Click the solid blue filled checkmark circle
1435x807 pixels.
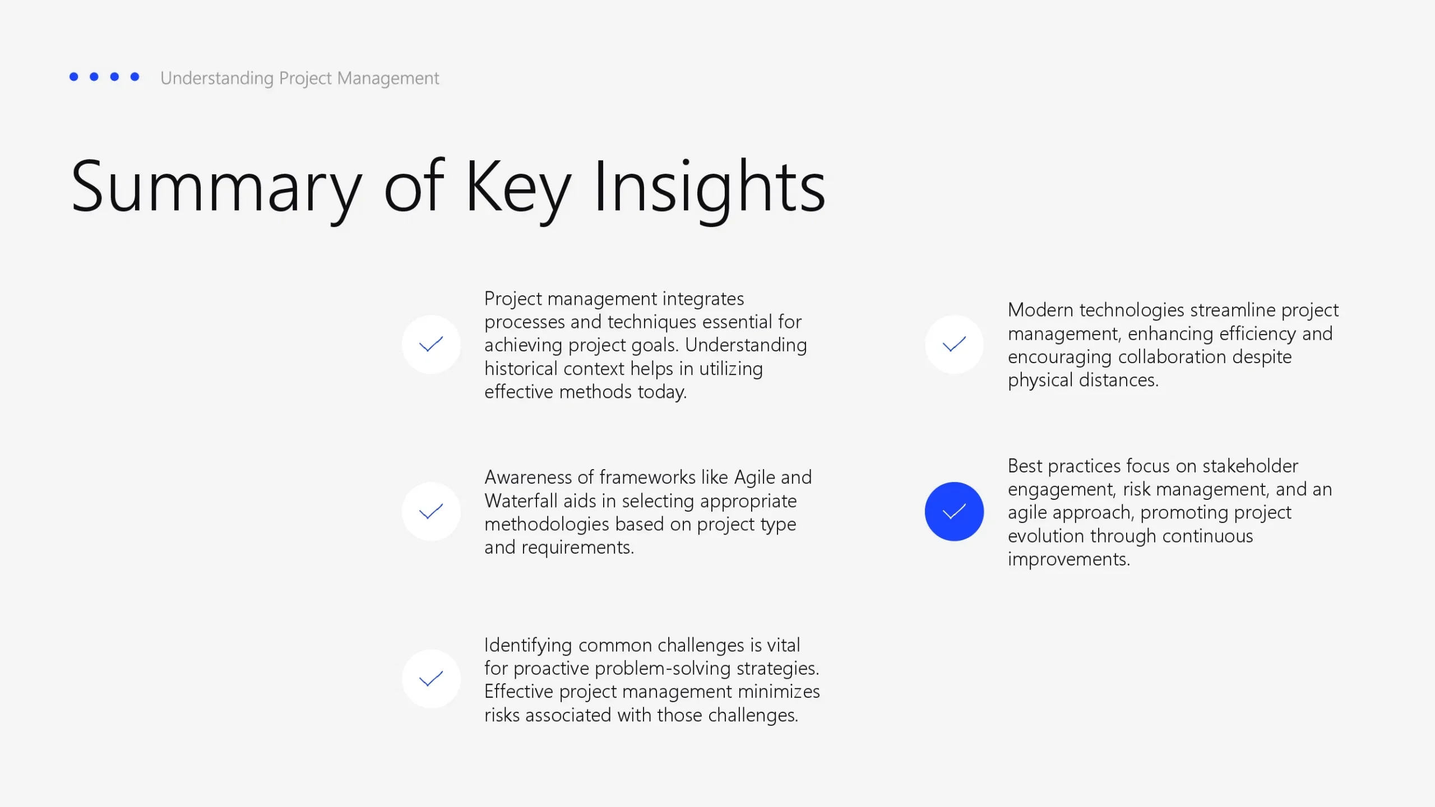pos(954,511)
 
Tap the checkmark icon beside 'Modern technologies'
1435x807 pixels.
pos(954,344)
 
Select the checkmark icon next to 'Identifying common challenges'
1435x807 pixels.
pos(431,679)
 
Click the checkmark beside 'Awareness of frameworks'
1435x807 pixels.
pos(431,511)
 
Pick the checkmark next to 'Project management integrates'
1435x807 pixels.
pos(431,344)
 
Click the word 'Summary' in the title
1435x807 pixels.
pos(216,187)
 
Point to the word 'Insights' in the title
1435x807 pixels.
pos(709,187)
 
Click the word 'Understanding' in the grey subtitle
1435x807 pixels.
pos(217,78)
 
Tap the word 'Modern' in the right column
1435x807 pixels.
pos(1040,310)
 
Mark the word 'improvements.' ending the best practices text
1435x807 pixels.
pos(1069,559)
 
